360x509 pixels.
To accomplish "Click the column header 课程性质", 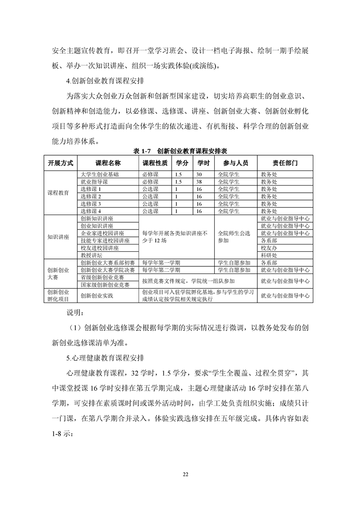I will [155, 163].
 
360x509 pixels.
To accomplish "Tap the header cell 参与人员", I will [236, 163].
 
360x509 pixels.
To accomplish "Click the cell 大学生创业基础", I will [100, 174].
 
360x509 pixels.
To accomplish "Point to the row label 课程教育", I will [59, 192].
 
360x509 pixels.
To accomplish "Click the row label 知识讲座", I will [59, 237].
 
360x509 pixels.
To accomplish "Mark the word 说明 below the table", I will [75, 313].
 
